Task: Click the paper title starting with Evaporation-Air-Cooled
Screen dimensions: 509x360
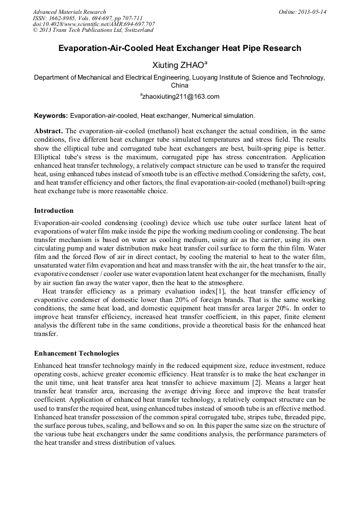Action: click(x=179, y=48)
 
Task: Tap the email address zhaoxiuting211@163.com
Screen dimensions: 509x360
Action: click(x=180, y=97)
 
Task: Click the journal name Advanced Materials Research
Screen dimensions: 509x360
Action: click(x=69, y=12)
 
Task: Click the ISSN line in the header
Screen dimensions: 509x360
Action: click(x=88, y=18)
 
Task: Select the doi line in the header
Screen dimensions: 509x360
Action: click(x=94, y=24)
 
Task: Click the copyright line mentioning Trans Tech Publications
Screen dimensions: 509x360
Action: click(x=93, y=30)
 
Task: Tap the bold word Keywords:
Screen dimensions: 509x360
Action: click(x=51, y=115)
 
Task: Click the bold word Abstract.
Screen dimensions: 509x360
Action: click(x=48, y=131)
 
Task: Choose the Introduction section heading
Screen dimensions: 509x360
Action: click(x=54, y=211)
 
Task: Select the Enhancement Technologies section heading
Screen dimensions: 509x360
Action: click(x=76, y=353)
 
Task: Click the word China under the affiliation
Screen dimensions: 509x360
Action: click(x=179, y=85)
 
